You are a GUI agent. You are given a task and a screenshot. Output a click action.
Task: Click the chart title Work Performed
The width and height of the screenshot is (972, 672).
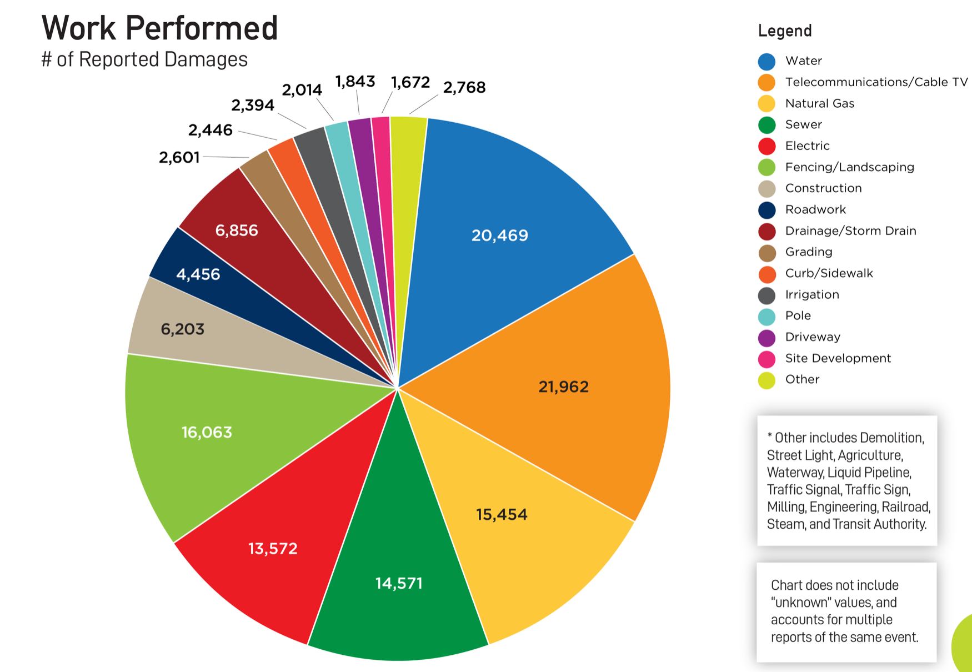[159, 28]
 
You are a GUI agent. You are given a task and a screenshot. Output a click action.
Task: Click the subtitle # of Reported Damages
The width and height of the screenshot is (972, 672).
[144, 59]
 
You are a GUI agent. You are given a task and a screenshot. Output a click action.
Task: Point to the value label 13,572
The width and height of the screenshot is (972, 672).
[273, 549]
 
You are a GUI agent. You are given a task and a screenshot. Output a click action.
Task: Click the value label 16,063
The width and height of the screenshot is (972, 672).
[207, 432]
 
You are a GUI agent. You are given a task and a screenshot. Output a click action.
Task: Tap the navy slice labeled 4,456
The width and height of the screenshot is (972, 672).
[198, 274]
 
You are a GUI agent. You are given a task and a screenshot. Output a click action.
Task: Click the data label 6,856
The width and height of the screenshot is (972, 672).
[237, 230]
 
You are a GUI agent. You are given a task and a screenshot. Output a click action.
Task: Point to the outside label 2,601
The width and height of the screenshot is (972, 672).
[179, 158]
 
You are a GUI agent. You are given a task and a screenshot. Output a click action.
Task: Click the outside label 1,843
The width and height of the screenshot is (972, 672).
[355, 82]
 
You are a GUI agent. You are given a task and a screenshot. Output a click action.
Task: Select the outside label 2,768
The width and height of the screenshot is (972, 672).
[464, 87]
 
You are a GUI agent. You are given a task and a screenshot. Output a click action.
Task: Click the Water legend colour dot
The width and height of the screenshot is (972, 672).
[766, 61]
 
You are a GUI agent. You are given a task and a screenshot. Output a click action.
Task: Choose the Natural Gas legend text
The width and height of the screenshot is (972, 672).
[819, 103]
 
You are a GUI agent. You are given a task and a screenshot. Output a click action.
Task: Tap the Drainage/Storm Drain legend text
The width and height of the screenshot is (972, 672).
[850, 231]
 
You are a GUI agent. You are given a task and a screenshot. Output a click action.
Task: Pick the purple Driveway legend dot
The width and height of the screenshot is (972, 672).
[766, 338]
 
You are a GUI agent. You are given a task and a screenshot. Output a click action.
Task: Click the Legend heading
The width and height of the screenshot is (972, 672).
[785, 31]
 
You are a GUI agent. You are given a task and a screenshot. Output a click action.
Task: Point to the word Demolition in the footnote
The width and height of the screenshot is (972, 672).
[892, 438]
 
